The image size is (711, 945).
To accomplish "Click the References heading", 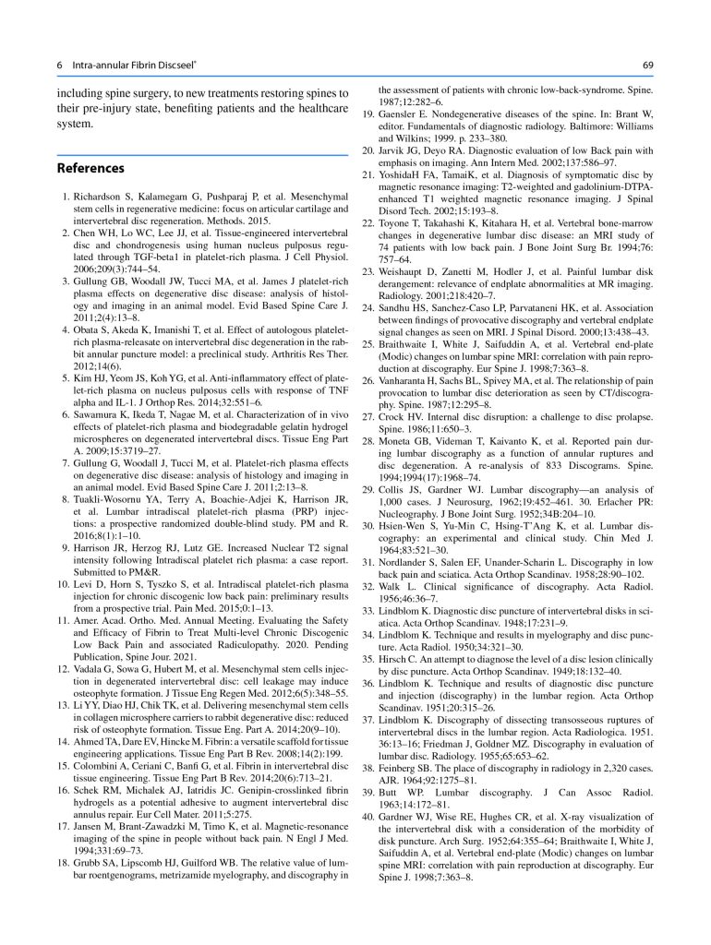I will (x=90, y=169).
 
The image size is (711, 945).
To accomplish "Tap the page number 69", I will (x=647, y=66).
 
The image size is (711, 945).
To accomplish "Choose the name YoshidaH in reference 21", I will (x=407, y=175).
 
